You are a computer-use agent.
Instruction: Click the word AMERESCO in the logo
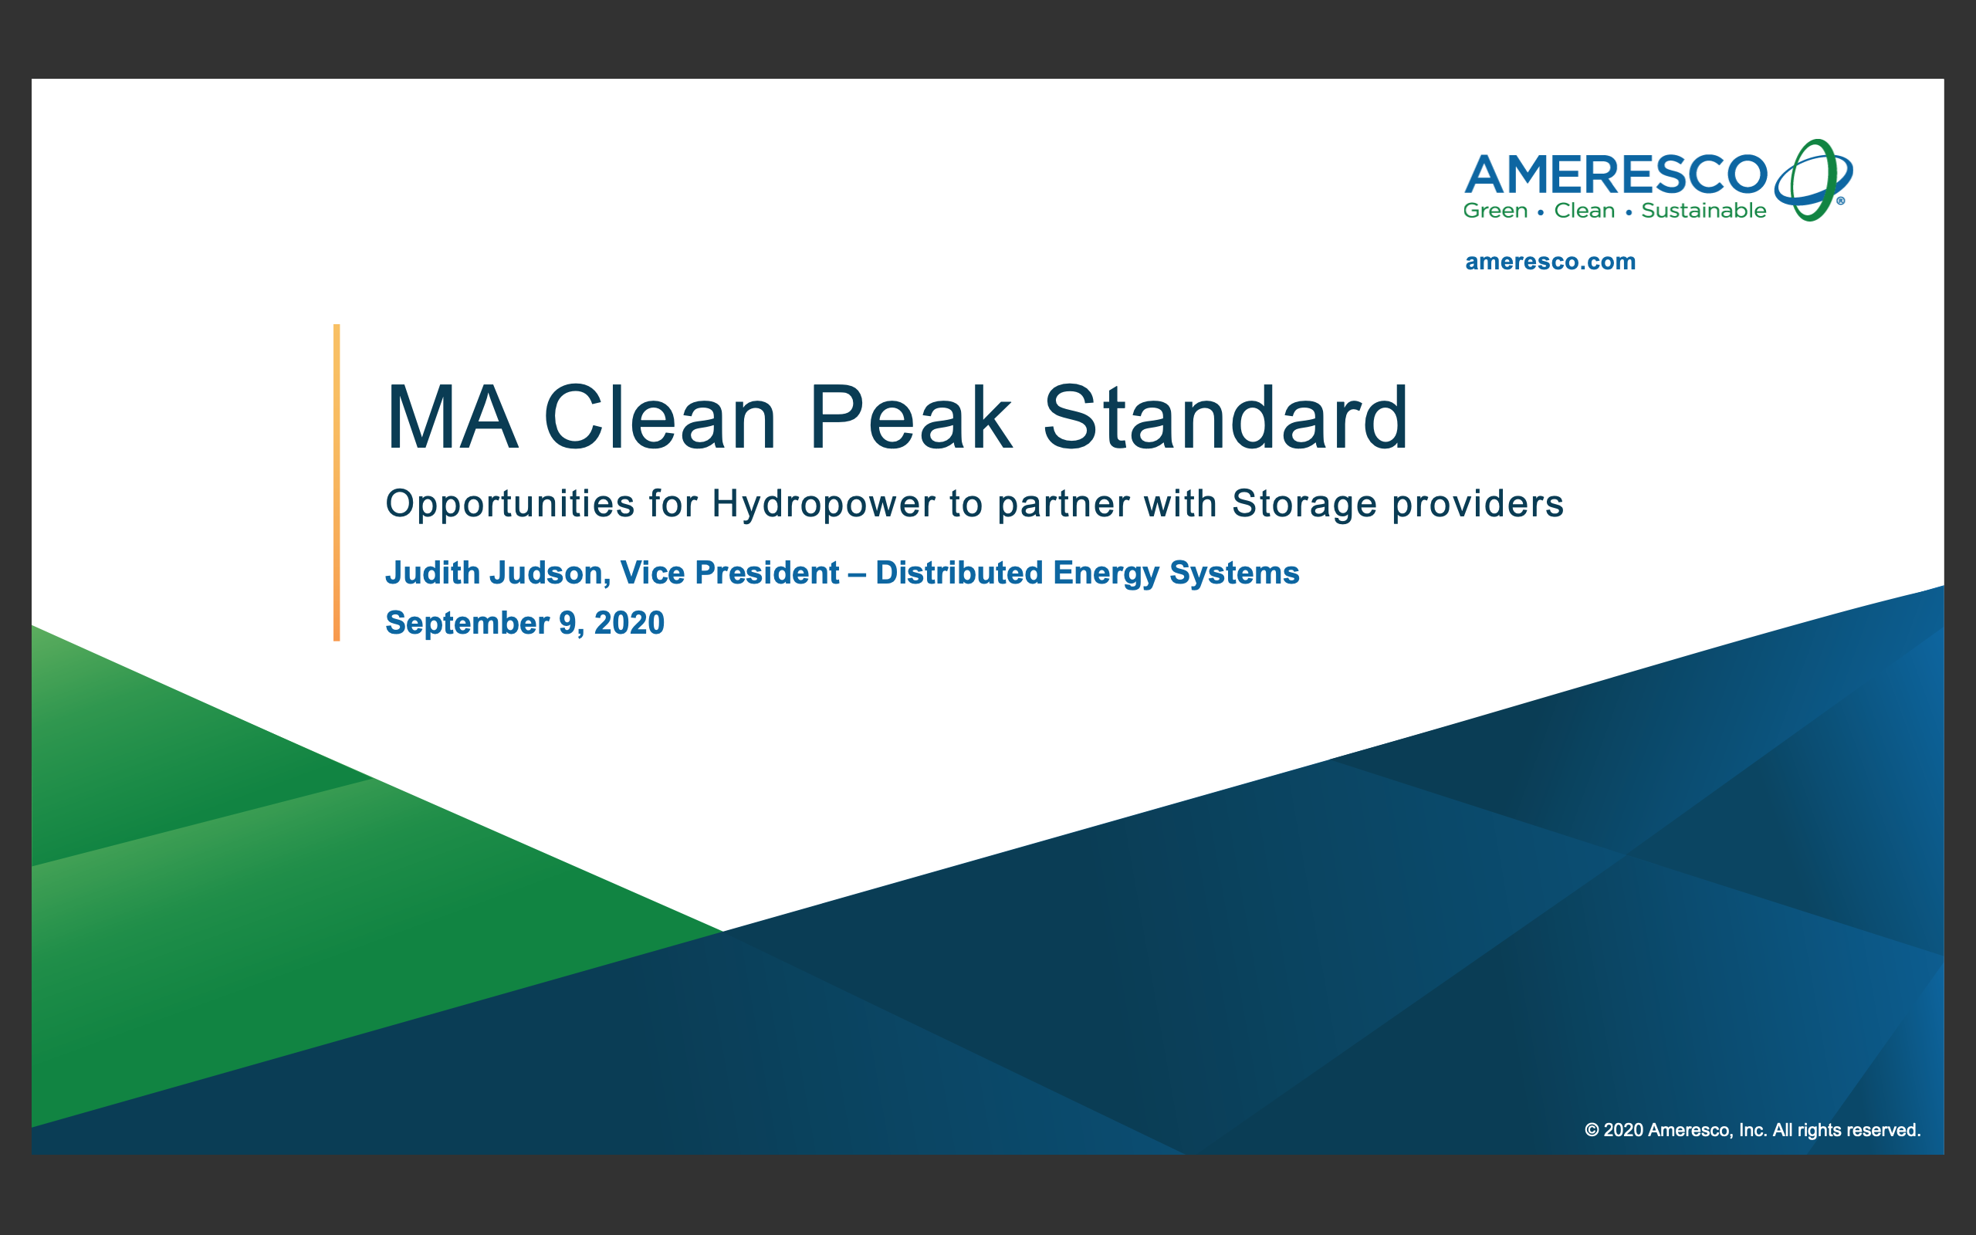click(1616, 174)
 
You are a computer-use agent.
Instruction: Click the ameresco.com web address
click(1550, 262)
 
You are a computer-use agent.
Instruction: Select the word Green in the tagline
click(1495, 211)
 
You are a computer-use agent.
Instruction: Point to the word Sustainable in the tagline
click(1704, 211)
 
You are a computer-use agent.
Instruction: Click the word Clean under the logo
click(1584, 211)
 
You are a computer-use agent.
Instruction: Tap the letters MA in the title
click(452, 418)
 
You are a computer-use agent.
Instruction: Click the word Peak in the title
click(911, 418)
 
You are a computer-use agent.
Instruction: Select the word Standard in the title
click(1226, 418)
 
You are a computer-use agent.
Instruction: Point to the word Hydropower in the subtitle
click(823, 505)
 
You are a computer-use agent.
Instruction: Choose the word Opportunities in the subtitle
click(510, 505)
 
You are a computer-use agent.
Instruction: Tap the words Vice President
click(730, 573)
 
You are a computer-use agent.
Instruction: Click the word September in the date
click(467, 624)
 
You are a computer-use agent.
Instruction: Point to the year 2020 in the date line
click(629, 623)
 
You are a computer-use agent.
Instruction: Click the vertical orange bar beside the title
click(337, 482)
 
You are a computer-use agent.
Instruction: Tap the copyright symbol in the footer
click(1592, 1131)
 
